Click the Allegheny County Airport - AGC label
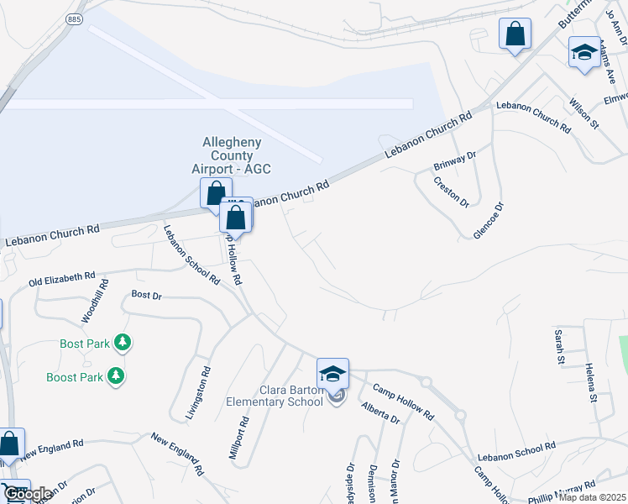click(x=231, y=155)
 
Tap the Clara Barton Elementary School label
click(x=275, y=395)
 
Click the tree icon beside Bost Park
click(x=123, y=343)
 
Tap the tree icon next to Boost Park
click(x=117, y=376)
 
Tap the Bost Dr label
click(x=146, y=296)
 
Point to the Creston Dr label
click(x=451, y=192)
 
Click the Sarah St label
click(x=558, y=346)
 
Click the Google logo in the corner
click(x=28, y=494)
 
